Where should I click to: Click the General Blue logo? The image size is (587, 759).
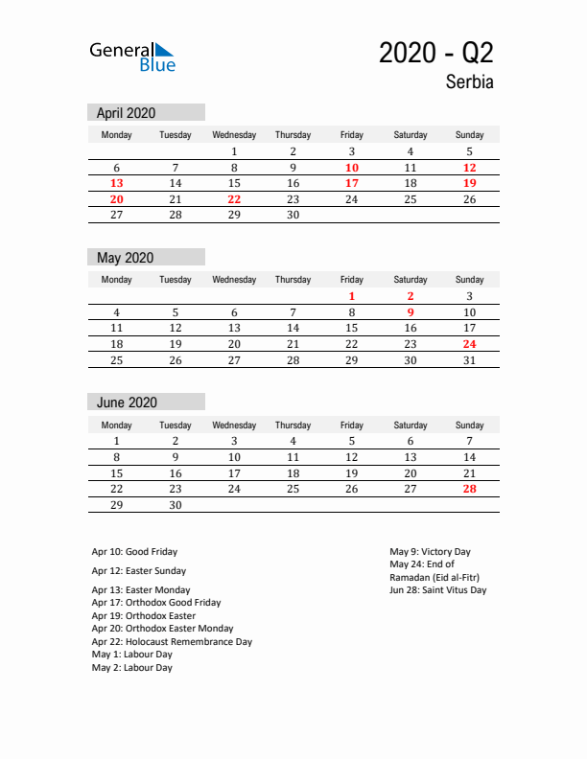[132, 57]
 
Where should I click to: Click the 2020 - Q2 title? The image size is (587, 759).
[436, 53]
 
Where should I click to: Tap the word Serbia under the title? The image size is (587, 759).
[469, 82]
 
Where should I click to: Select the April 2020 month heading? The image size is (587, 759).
[126, 112]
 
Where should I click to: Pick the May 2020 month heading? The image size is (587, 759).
[125, 257]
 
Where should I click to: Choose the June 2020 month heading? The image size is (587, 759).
[127, 402]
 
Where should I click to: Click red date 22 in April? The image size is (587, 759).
[234, 199]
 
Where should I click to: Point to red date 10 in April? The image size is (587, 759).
[352, 168]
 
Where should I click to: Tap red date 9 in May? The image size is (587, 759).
[411, 312]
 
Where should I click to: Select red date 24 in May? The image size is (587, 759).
[469, 344]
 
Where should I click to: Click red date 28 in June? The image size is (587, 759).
[469, 489]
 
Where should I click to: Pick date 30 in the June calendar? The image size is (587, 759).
[176, 505]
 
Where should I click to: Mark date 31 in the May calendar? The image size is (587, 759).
[469, 360]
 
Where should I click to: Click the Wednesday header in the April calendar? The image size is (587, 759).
[234, 135]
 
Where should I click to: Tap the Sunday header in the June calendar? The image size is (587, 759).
[469, 425]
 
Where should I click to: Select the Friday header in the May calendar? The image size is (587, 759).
[352, 280]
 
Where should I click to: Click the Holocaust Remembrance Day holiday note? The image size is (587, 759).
[172, 642]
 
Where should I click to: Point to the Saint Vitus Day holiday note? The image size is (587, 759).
[437, 590]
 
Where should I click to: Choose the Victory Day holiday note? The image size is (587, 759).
[430, 552]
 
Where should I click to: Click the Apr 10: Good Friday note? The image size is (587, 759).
[134, 552]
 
